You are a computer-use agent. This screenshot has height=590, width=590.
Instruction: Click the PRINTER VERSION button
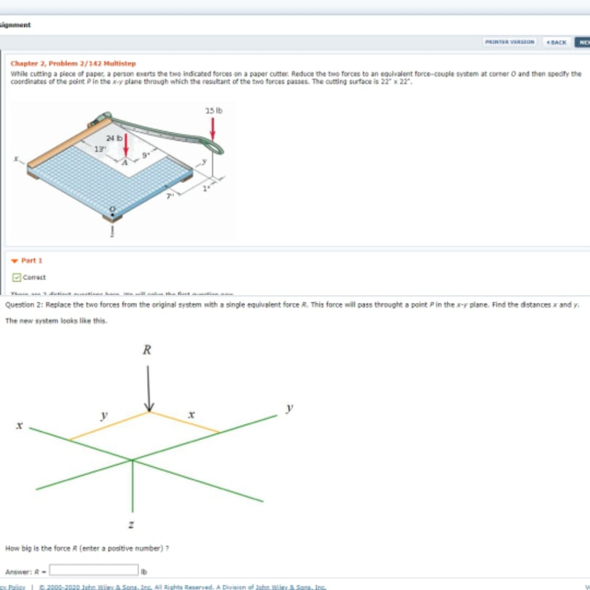(510, 42)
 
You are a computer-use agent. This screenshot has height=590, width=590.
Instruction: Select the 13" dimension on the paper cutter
(98, 148)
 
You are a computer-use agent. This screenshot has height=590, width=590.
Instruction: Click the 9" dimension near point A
(145, 154)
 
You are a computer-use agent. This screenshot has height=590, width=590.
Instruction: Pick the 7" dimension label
(169, 197)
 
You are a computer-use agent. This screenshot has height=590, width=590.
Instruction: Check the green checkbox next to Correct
(16, 277)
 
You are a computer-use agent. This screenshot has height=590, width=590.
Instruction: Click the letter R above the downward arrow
(147, 350)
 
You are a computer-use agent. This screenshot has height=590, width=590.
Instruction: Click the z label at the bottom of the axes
(131, 524)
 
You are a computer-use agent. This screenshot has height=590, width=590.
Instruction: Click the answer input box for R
(93, 570)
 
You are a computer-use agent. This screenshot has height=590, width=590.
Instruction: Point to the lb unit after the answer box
(144, 571)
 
